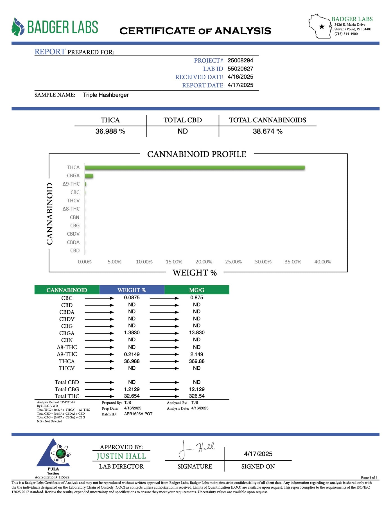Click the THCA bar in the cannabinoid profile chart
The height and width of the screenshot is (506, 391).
click(x=195, y=168)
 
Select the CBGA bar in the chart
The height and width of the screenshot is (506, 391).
click(x=89, y=176)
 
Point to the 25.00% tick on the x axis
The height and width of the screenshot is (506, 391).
click(x=233, y=262)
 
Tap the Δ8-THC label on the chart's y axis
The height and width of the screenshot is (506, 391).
click(x=71, y=209)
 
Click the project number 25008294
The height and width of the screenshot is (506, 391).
click(x=240, y=60)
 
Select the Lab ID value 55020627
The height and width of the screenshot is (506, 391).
click(x=240, y=69)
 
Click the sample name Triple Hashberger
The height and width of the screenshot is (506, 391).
click(x=106, y=95)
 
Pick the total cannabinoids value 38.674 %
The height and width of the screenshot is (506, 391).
click(x=268, y=131)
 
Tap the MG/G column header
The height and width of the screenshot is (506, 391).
click(x=197, y=290)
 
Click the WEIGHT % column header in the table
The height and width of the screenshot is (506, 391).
click(x=132, y=290)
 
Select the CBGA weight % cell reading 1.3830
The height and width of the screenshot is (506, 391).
click(x=132, y=333)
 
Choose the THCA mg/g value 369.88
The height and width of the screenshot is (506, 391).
click(x=197, y=361)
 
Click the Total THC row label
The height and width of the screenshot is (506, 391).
click(x=67, y=396)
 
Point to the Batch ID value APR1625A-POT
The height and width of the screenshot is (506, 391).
click(x=138, y=414)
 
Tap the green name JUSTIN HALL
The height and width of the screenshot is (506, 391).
click(x=121, y=456)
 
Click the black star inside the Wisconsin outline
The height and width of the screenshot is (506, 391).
click(x=322, y=27)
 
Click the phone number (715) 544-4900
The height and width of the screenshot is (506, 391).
click(x=346, y=34)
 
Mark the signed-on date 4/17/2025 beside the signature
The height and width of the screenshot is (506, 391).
click(x=258, y=454)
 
